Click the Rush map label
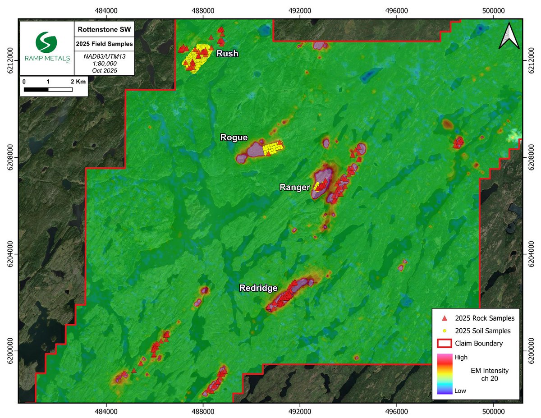pyautogui.click(x=227, y=54)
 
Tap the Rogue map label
pyautogui.click(x=234, y=137)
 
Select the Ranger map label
pyautogui.click(x=294, y=187)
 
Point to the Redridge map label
pyautogui.click(x=258, y=288)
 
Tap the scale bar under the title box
pyautogui.click(x=48, y=89)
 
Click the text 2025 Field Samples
pyautogui.click(x=104, y=44)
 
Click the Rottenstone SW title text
pyautogui.click(x=104, y=30)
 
